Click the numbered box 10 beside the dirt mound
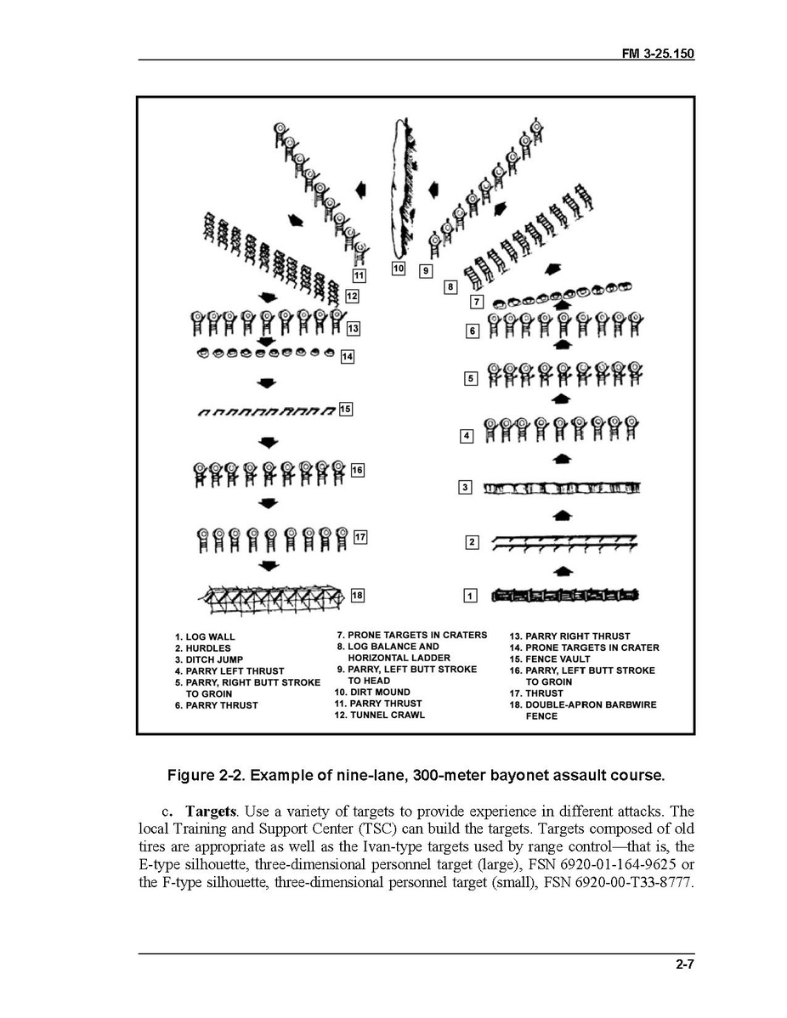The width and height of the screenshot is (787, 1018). [x=399, y=269]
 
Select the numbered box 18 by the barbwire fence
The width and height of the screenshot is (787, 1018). [x=358, y=596]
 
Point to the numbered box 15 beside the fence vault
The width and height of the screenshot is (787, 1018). [x=346, y=410]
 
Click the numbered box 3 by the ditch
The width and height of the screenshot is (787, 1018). [x=465, y=488]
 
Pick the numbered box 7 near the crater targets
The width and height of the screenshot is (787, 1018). [x=477, y=302]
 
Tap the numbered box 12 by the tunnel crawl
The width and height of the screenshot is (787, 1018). [x=352, y=297]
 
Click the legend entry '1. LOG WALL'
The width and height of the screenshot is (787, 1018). [x=205, y=636]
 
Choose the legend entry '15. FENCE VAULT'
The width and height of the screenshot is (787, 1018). [x=556, y=659]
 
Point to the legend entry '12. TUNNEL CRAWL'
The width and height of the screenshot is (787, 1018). [x=379, y=715]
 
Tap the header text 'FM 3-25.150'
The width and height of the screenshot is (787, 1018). [x=659, y=54]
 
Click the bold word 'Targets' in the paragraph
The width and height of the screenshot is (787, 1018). [x=208, y=811]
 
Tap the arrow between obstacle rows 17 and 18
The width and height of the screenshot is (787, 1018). [x=269, y=565]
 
